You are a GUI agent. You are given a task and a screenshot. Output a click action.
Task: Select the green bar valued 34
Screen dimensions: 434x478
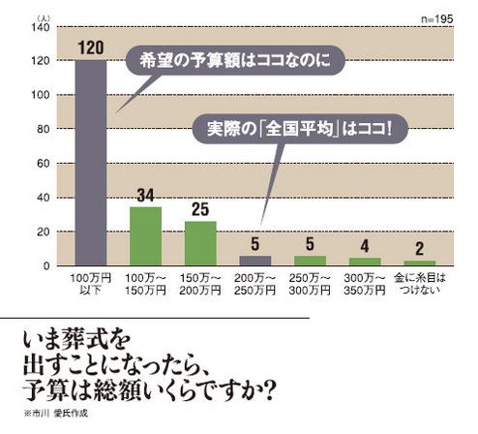pos(145,236)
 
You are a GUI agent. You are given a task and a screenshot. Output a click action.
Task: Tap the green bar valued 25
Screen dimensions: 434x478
pos(200,243)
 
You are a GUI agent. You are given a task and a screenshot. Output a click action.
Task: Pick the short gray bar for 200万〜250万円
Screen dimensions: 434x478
pos(256,262)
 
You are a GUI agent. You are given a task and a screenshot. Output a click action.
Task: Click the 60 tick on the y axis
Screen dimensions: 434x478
pos(42,164)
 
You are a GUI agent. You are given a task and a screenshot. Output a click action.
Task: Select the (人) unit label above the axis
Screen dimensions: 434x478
pos(41,16)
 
